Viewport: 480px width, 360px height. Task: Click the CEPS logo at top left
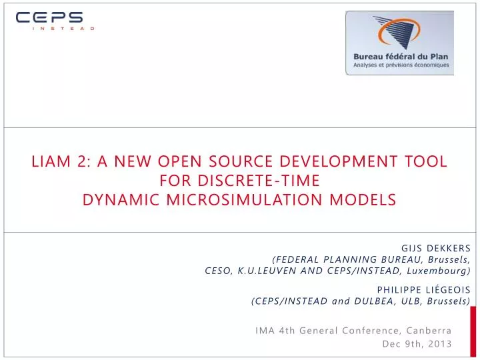(49, 18)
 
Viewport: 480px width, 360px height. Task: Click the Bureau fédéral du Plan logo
(399, 43)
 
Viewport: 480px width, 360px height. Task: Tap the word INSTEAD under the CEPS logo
(63, 29)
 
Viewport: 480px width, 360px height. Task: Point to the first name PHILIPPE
(399, 289)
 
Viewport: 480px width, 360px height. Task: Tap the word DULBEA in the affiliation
(369, 301)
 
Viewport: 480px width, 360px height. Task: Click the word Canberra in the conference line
(429, 330)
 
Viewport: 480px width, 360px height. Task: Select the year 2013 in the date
(440, 344)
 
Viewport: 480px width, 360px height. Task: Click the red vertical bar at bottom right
(473, 331)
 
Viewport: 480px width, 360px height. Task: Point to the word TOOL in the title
(425, 162)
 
